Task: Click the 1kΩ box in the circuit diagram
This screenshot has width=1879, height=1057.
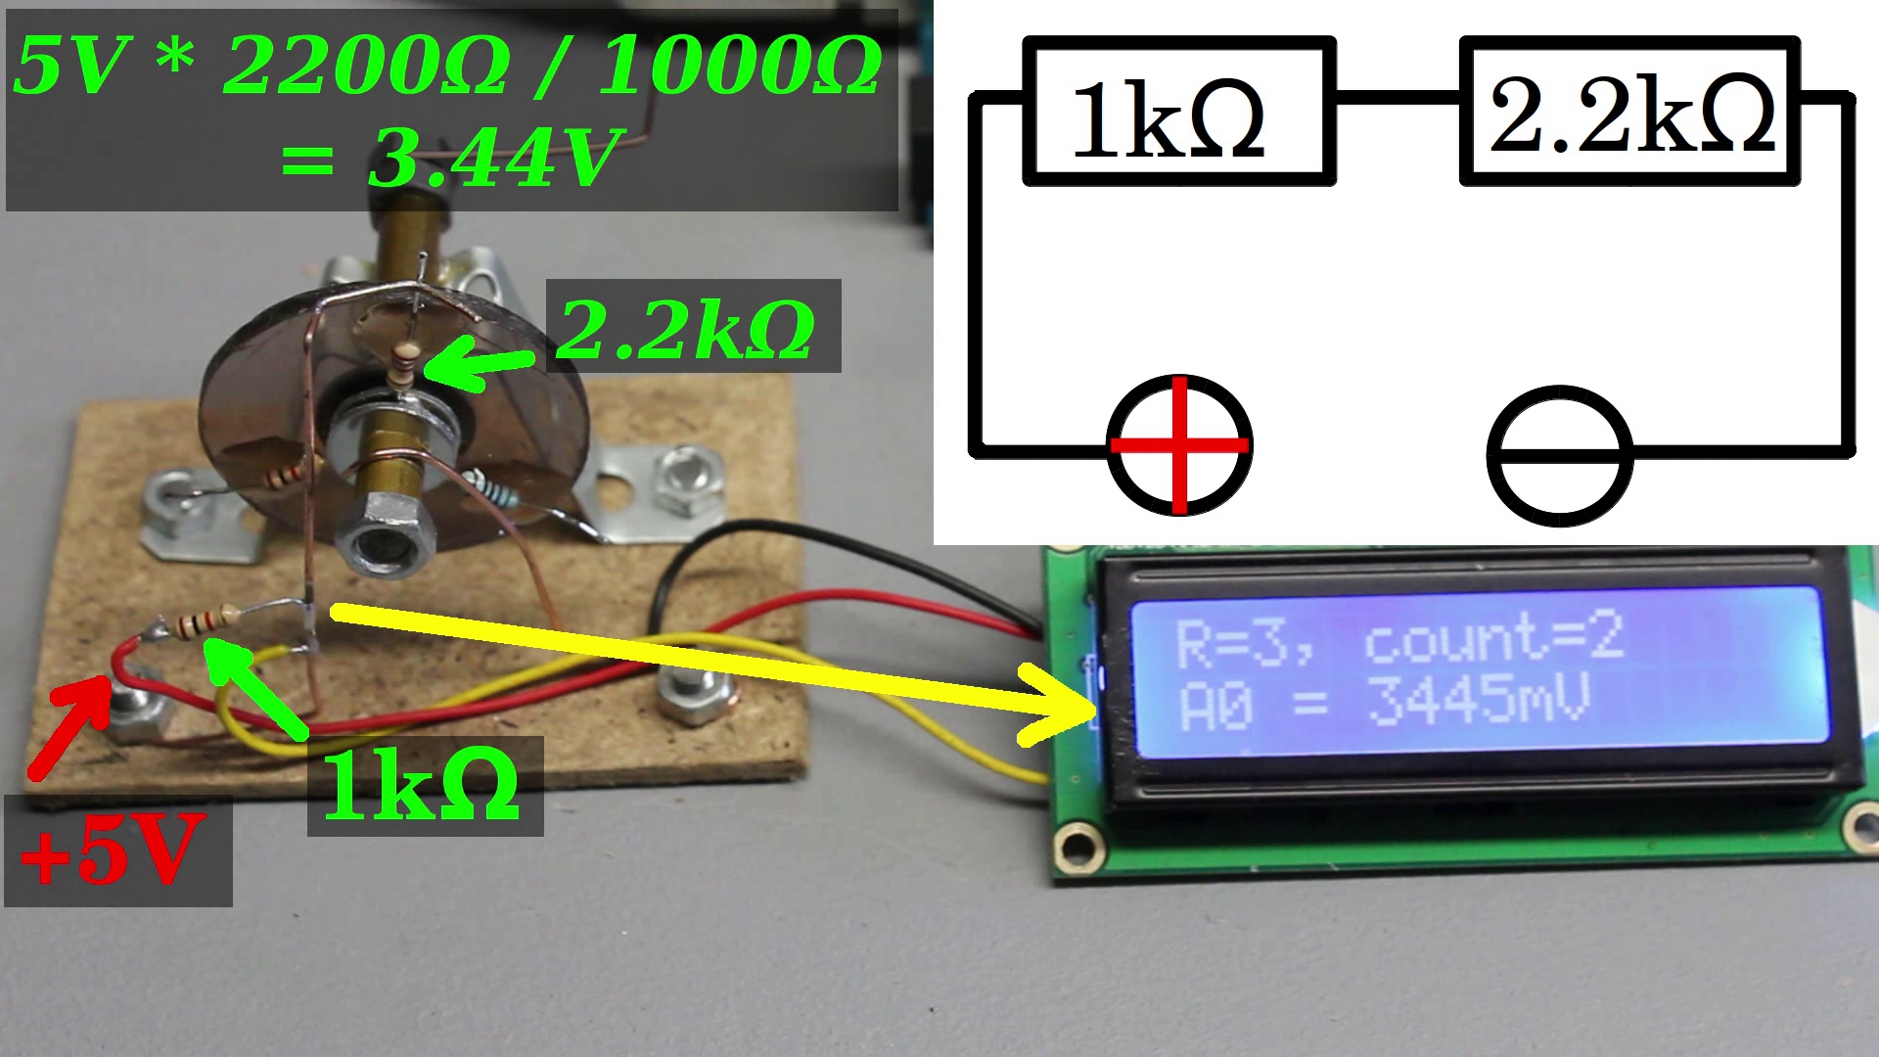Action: tap(1177, 113)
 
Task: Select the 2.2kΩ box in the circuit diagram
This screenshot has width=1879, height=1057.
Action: tap(1629, 113)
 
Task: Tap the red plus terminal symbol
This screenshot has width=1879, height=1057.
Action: tap(1179, 444)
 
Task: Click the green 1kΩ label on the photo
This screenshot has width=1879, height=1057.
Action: tap(423, 786)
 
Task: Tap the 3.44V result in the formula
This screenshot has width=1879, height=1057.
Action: tap(494, 159)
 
